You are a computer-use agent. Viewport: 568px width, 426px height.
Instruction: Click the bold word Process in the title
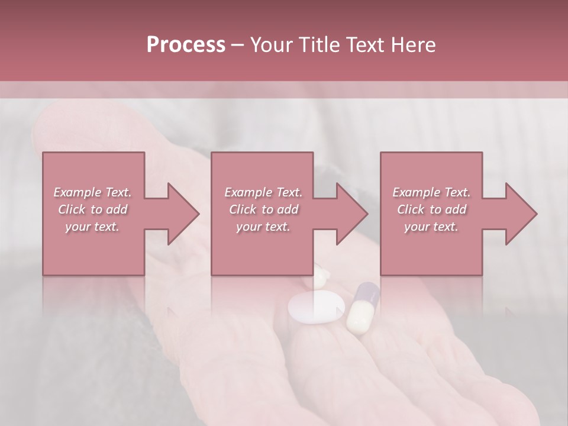click(186, 45)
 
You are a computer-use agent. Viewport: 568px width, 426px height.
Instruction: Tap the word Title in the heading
click(319, 45)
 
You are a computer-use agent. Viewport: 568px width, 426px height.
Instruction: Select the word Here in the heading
click(413, 45)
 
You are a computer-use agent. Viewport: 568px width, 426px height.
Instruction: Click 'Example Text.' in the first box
click(92, 192)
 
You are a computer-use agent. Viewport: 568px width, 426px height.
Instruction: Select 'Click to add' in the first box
click(92, 209)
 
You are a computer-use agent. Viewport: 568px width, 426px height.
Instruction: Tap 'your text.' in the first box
click(92, 227)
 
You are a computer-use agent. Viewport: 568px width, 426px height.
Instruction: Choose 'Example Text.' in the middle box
click(263, 192)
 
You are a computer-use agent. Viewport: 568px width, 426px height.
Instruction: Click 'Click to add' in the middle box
click(263, 209)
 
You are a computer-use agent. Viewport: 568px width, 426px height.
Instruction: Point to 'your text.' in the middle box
click(263, 227)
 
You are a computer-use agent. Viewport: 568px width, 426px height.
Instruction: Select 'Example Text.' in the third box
click(431, 192)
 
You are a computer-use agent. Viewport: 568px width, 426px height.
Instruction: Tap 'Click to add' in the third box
click(431, 209)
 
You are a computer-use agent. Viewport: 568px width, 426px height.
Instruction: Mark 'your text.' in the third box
click(431, 227)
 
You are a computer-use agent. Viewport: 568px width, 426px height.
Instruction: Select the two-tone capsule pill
click(362, 308)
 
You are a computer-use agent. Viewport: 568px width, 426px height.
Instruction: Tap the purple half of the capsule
click(368, 293)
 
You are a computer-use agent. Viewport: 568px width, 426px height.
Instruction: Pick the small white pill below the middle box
click(321, 273)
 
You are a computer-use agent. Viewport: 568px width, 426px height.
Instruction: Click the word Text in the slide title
click(367, 45)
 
